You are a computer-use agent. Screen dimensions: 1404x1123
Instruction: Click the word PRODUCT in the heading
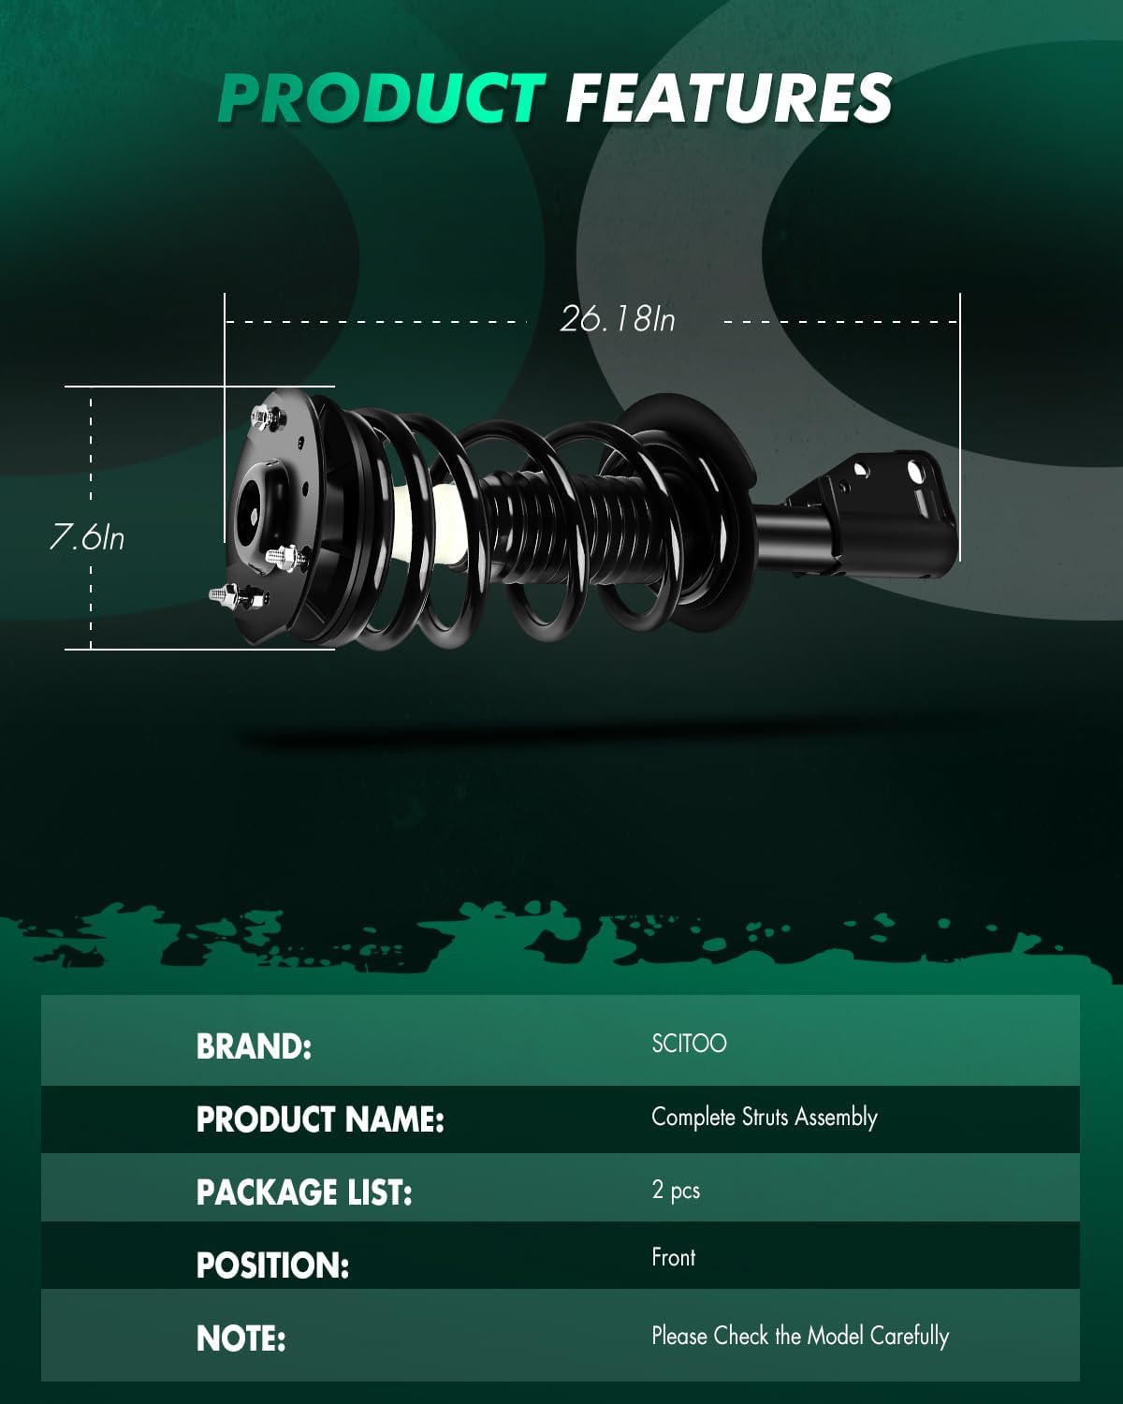(x=381, y=98)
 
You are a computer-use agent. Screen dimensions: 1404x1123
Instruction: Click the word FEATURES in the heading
(x=728, y=98)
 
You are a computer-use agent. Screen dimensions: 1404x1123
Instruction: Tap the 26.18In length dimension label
(x=618, y=319)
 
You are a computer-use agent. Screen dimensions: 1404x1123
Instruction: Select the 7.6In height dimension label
(x=86, y=537)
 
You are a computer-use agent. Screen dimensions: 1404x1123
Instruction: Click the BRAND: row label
(x=254, y=1046)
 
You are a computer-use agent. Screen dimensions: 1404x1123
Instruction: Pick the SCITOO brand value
(x=689, y=1044)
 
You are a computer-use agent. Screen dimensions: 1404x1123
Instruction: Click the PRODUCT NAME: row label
(x=320, y=1119)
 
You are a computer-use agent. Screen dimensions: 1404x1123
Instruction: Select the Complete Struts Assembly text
(x=764, y=1117)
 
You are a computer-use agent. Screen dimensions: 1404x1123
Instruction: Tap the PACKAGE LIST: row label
(x=304, y=1192)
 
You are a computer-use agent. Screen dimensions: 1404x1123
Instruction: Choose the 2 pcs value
(x=676, y=1190)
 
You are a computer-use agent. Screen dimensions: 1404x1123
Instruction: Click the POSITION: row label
(x=272, y=1265)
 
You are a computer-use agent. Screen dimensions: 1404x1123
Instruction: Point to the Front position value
(x=673, y=1257)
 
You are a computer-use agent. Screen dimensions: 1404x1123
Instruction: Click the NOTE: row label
(x=241, y=1338)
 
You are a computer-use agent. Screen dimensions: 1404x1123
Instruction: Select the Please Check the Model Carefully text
(x=800, y=1336)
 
